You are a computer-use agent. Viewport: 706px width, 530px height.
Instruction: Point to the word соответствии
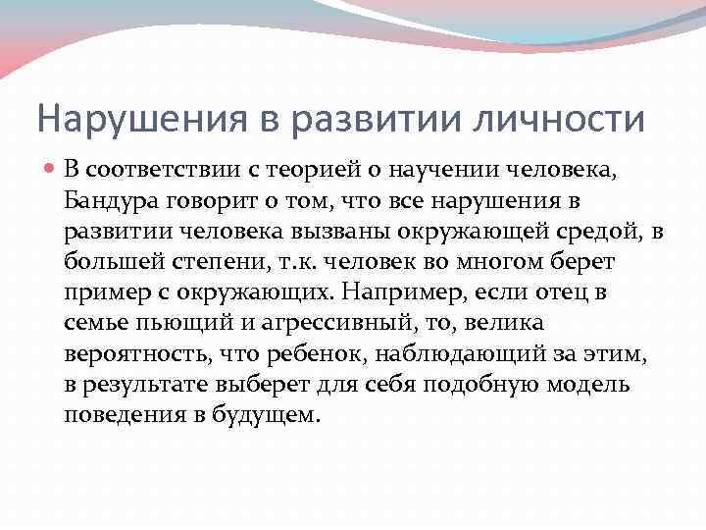(173, 174)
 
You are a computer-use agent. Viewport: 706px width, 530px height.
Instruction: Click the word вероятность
(129, 352)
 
